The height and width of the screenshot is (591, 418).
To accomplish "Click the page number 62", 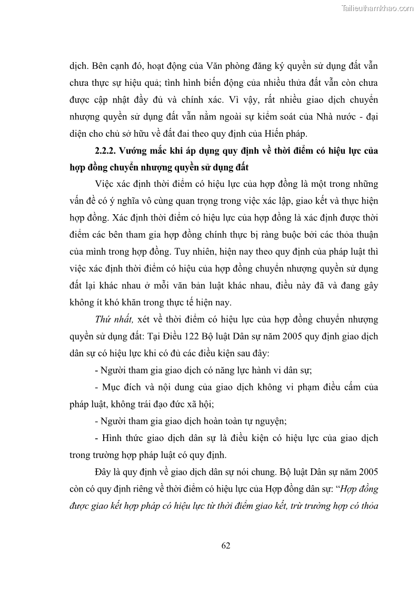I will pyautogui.click(x=226, y=545).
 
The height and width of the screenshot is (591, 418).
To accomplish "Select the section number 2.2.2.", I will pyautogui.click(x=105, y=151).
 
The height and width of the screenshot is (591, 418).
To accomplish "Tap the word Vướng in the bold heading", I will pyautogui.click(x=134, y=151).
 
